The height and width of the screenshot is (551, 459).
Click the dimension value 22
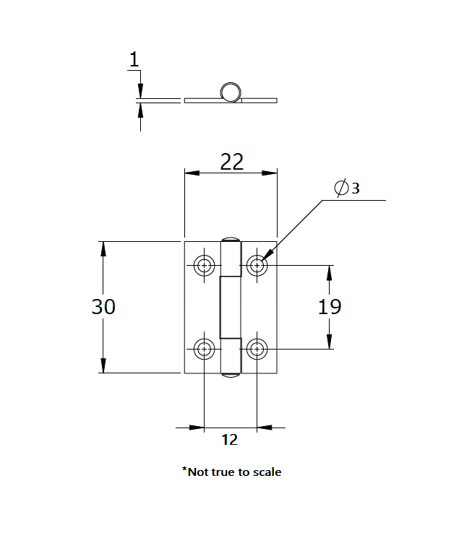tap(231, 162)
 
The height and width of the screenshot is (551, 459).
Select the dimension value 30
tap(103, 307)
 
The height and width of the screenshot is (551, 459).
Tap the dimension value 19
tap(330, 307)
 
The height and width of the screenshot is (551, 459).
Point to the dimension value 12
tap(229, 439)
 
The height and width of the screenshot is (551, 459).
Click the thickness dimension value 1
tap(134, 61)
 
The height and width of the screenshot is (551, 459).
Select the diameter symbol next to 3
tap(341, 188)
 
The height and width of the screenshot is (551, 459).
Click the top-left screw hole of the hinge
tap(205, 265)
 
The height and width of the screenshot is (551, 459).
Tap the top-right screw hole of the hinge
tap(257, 265)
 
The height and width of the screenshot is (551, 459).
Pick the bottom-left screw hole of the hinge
tap(205, 350)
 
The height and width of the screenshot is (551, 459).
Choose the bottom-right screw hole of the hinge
tap(257, 350)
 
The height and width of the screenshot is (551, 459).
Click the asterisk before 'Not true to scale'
tap(184, 470)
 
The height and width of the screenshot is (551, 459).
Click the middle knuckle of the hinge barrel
tap(230, 307)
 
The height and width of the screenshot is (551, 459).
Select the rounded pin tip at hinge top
tap(231, 239)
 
